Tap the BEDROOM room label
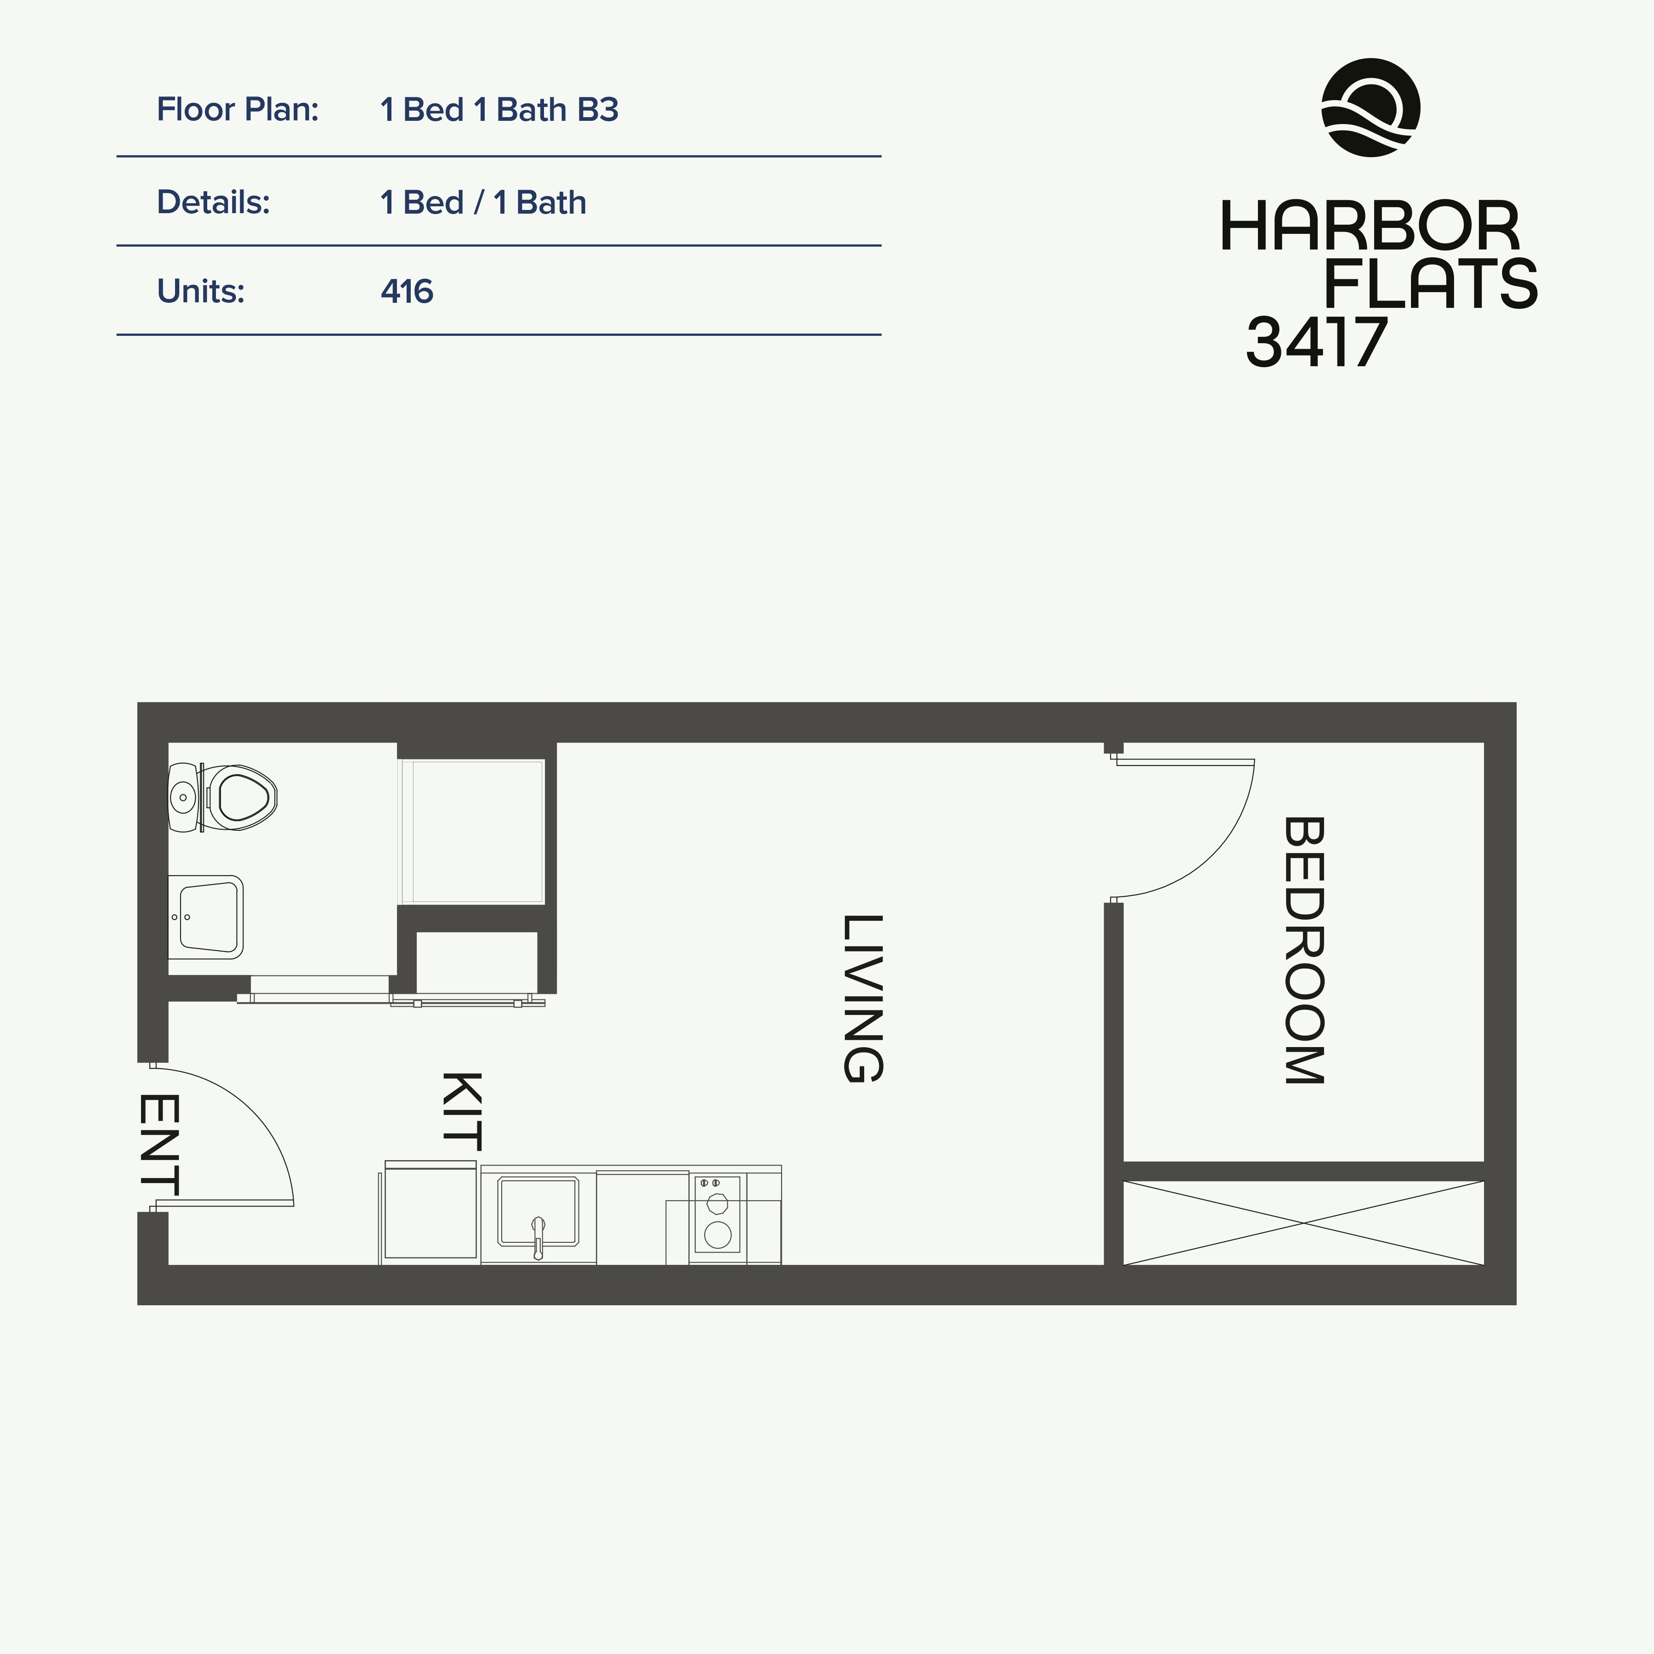coord(1304,950)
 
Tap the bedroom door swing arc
coord(1216,856)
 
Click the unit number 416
coord(407,292)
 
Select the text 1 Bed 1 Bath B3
coord(499,110)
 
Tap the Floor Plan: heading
coord(237,110)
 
